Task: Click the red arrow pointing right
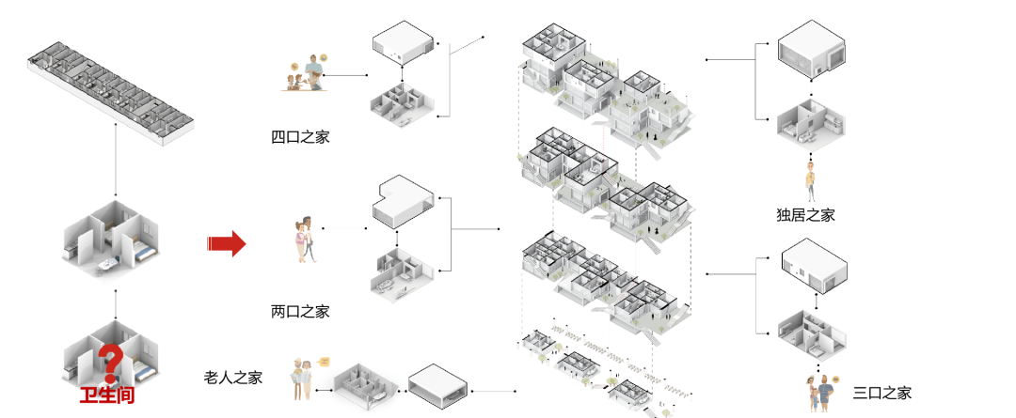pos(226,244)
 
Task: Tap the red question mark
pos(111,363)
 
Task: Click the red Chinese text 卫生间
pos(106,395)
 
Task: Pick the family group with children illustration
pos(306,74)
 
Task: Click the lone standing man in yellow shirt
pos(810,181)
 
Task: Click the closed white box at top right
pos(811,49)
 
